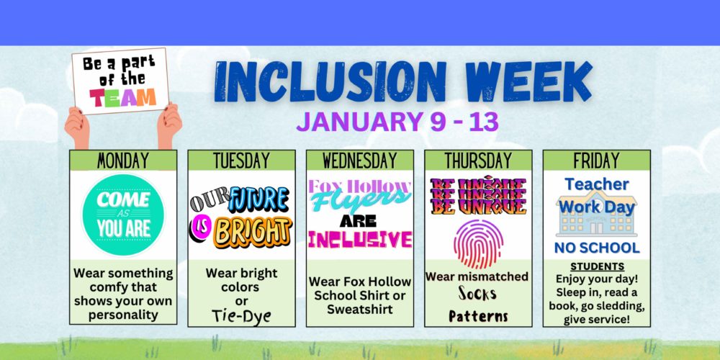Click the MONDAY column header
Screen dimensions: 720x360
tap(123, 161)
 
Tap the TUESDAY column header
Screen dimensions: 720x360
tap(241, 161)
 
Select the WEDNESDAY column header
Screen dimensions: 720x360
tap(360, 161)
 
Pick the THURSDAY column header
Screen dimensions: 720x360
tap(478, 161)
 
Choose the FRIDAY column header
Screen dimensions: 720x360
tap(596, 161)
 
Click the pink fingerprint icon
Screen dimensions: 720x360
tap(479, 244)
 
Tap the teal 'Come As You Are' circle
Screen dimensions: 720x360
tap(123, 215)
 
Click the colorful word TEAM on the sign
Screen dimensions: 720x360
tap(122, 97)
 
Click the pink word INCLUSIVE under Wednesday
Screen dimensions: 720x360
tap(360, 240)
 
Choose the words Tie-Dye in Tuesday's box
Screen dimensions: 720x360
tap(241, 316)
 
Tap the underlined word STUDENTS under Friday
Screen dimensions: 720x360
tap(598, 267)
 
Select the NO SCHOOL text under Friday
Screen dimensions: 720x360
tap(597, 248)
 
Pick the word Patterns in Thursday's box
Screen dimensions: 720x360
tap(479, 316)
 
